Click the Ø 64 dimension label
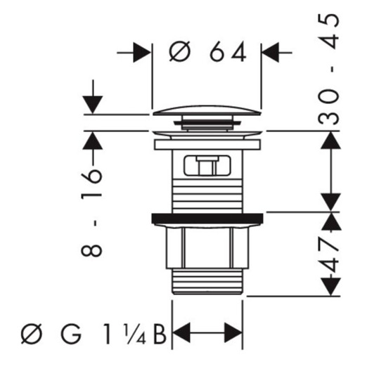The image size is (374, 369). click(207, 51)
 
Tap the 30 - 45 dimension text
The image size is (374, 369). click(328, 69)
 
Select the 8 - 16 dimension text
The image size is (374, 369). click(92, 212)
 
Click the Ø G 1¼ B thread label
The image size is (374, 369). click(93, 333)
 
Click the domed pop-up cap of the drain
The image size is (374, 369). click(207, 110)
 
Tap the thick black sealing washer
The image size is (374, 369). click(207, 219)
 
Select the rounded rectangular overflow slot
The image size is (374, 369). click(207, 166)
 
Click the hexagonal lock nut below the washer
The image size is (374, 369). click(207, 247)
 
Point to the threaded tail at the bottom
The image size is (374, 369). click(207, 281)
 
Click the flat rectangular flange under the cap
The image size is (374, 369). click(207, 145)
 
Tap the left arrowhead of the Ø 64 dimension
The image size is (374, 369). click(142, 53)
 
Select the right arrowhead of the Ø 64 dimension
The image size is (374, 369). click(271, 53)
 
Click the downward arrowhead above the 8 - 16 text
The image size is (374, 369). click(93, 105)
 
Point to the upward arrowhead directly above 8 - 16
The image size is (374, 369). click(93, 141)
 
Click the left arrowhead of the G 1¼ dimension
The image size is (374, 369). click(181, 332)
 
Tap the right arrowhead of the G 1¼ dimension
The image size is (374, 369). click(233, 332)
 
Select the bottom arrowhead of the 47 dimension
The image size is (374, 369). click(330, 287)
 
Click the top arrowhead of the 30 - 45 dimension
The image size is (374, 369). click(330, 141)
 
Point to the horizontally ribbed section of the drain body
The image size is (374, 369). click(207, 195)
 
